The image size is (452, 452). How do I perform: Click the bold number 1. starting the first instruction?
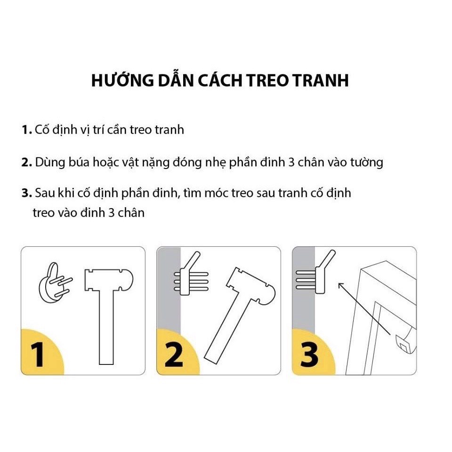click(x=26, y=130)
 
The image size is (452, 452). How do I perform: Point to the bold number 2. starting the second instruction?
click(x=26, y=162)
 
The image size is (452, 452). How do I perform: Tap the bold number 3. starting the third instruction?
click(x=26, y=193)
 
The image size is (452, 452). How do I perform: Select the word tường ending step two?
click(x=367, y=162)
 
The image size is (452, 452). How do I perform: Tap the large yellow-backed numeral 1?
click(x=38, y=355)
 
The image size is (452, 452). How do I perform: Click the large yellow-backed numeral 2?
click(x=174, y=354)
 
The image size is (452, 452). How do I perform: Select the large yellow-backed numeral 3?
click(x=309, y=354)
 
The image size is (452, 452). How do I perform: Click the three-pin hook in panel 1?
click(x=55, y=283)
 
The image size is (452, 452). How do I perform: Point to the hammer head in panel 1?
click(x=109, y=280)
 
